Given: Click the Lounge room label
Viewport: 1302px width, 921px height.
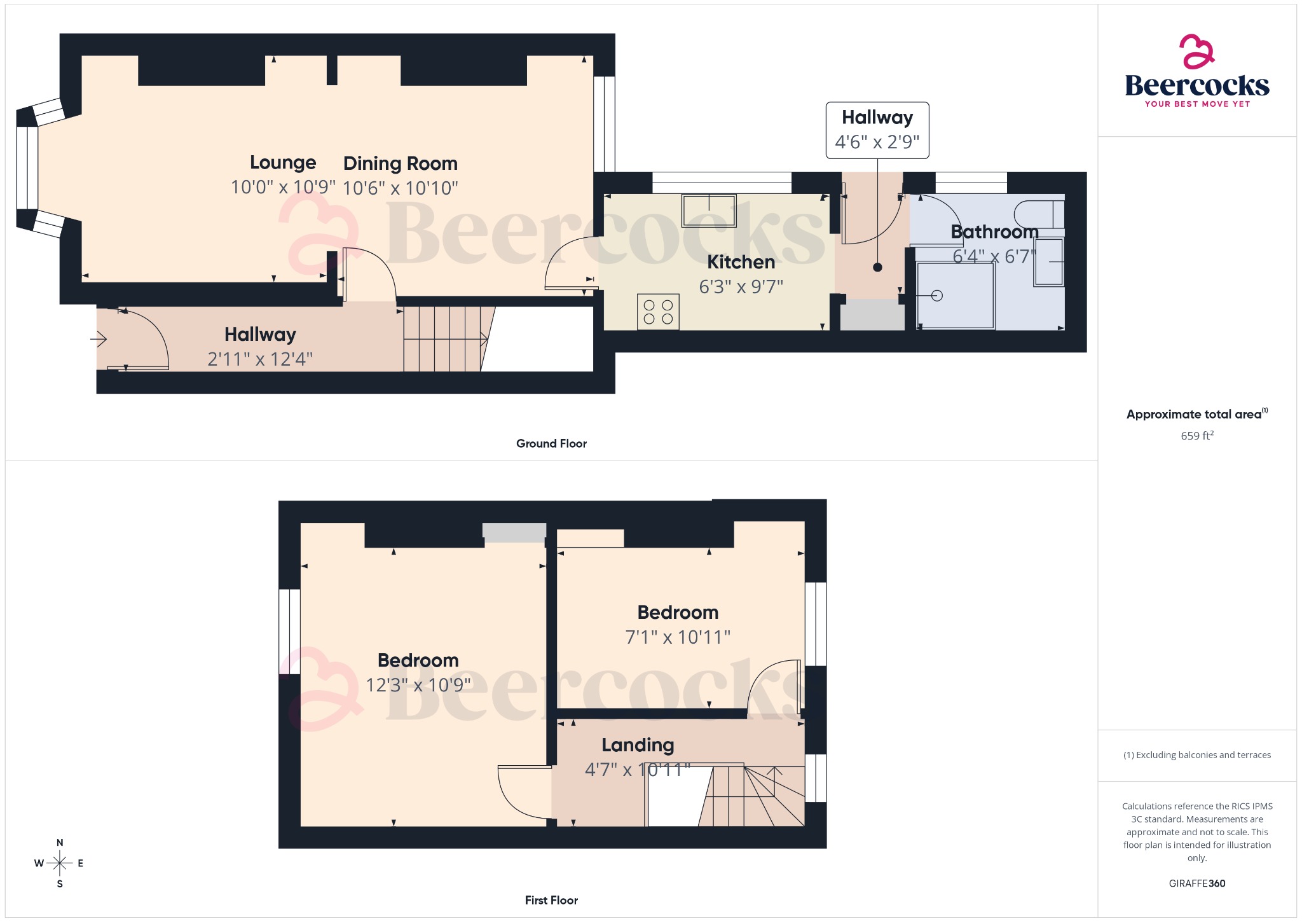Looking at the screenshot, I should point(282,163).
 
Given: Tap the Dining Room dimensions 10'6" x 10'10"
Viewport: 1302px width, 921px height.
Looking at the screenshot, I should point(400,188).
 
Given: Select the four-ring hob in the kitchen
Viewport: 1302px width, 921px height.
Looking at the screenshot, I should point(658,312).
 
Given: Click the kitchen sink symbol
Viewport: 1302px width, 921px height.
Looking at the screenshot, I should point(708,211).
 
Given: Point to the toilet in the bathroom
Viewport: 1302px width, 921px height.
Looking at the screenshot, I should point(1039,214).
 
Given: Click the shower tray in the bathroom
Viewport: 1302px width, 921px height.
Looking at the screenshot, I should point(955,296).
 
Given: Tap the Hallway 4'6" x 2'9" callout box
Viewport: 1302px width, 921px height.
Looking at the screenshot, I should point(877,130).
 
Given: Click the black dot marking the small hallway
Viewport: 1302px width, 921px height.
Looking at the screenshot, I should point(877,267).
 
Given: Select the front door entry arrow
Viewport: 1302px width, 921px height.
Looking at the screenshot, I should point(99,340).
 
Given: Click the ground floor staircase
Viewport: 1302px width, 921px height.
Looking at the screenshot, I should point(445,339).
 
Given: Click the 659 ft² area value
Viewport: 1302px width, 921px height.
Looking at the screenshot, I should point(1196,436).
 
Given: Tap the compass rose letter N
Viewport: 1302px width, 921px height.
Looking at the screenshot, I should point(60,843).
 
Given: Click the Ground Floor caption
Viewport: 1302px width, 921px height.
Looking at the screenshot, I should point(551,443).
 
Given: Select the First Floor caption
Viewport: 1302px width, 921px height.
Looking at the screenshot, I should point(551,900).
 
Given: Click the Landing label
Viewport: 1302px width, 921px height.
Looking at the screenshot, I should point(637,745).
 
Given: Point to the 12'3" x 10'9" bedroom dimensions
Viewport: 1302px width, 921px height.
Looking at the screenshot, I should point(418,685).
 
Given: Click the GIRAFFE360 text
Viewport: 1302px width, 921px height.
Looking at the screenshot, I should point(1196,883).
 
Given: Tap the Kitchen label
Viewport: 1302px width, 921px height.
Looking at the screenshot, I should point(741,262).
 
